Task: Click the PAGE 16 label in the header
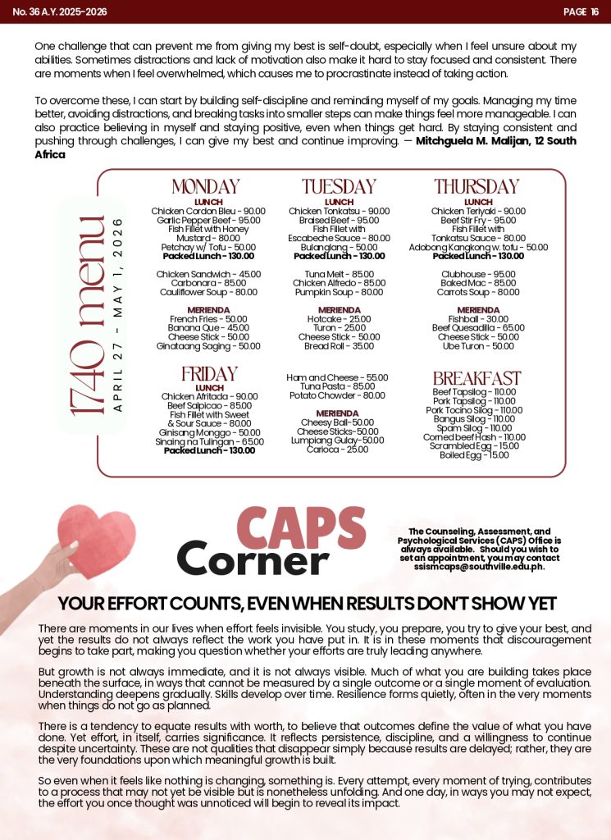(581, 11)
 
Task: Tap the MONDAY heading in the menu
(205, 187)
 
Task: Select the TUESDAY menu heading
(339, 187)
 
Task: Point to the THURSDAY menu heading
(476, 187)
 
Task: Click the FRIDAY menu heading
(209, 375)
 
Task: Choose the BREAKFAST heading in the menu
(476, 378)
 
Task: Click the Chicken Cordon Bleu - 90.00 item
(208, 212)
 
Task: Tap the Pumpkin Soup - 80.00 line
(339, 292)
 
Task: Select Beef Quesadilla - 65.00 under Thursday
(478, 328)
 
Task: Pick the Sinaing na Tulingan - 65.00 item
(209, 441)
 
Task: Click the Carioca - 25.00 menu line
(339, 450)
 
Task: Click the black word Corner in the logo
(253, 559)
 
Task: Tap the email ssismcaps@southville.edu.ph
(479, 567)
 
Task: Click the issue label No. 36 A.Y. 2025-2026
(60, 11)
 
